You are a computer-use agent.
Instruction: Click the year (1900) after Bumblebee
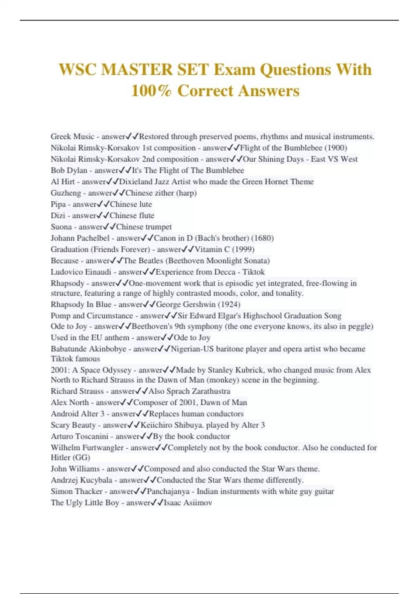pos(336,148)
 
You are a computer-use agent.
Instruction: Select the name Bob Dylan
pos(69,171)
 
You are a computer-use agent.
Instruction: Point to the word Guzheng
pos(66,193)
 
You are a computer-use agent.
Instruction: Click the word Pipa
pos(58,204)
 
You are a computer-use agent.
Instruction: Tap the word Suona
pos(61,227)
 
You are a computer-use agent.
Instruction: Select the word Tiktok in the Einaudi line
pos(253,272)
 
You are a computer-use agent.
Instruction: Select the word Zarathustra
pos(211,391)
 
